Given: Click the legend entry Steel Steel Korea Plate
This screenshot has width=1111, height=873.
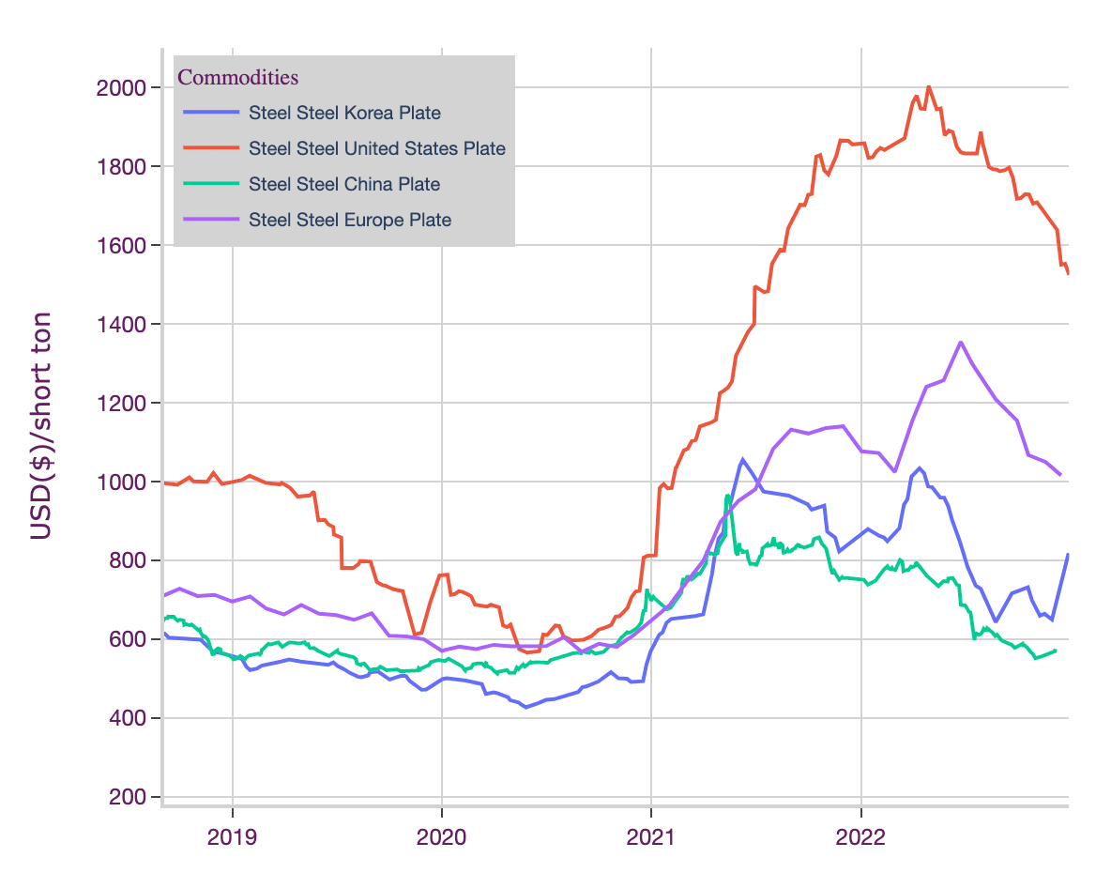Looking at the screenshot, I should (x=344, y=114).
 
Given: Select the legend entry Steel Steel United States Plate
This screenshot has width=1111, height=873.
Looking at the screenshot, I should (x=376, y=148).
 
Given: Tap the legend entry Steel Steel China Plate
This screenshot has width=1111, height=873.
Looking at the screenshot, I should (x=343, y=185).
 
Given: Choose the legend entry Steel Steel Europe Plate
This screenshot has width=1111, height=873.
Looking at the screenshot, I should (x=349, y=221).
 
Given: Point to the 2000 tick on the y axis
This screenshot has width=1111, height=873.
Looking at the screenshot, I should (x=122, y=88).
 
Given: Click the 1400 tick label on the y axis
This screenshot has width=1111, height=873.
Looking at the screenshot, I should (x=122, y=325).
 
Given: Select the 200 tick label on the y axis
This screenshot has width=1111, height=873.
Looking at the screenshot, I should (x=128, y=797).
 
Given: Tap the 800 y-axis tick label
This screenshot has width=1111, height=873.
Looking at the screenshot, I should (x=128, y=560).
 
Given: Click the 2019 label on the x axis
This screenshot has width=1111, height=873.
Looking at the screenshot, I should (x=232, y=835).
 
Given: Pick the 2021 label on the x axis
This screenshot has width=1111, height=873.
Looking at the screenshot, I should (x=651, y=835).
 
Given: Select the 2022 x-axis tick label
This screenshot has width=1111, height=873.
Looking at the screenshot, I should (x=860, y=835).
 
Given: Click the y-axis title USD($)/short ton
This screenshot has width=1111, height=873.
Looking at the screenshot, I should (x=40, y=426).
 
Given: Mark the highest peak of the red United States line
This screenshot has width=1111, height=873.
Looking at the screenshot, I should (x=928, y=86).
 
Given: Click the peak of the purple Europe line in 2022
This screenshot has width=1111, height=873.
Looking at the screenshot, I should (x=961, y=342).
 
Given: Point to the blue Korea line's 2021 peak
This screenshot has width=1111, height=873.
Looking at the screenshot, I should (x=742, y=459).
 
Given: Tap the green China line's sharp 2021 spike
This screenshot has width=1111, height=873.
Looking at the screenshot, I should (x=727, y=496).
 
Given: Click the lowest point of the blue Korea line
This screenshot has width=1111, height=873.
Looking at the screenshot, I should (x=525, y=707).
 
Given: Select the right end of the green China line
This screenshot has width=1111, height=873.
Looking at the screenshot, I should (x=1057, y=651).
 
